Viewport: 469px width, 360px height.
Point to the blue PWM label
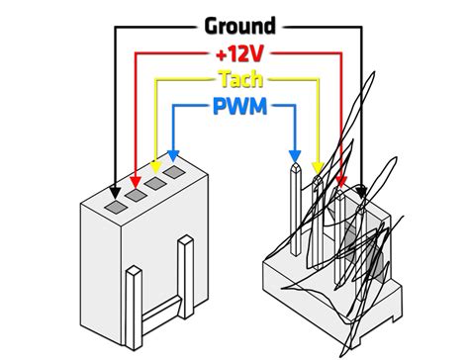tap(238, 104)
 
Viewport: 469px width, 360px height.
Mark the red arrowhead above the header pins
tap(341, 180)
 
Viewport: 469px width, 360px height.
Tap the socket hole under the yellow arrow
tap(156, 185)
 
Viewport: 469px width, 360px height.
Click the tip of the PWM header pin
tap(294, 170)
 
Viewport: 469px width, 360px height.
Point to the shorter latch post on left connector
tap(134, 292)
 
